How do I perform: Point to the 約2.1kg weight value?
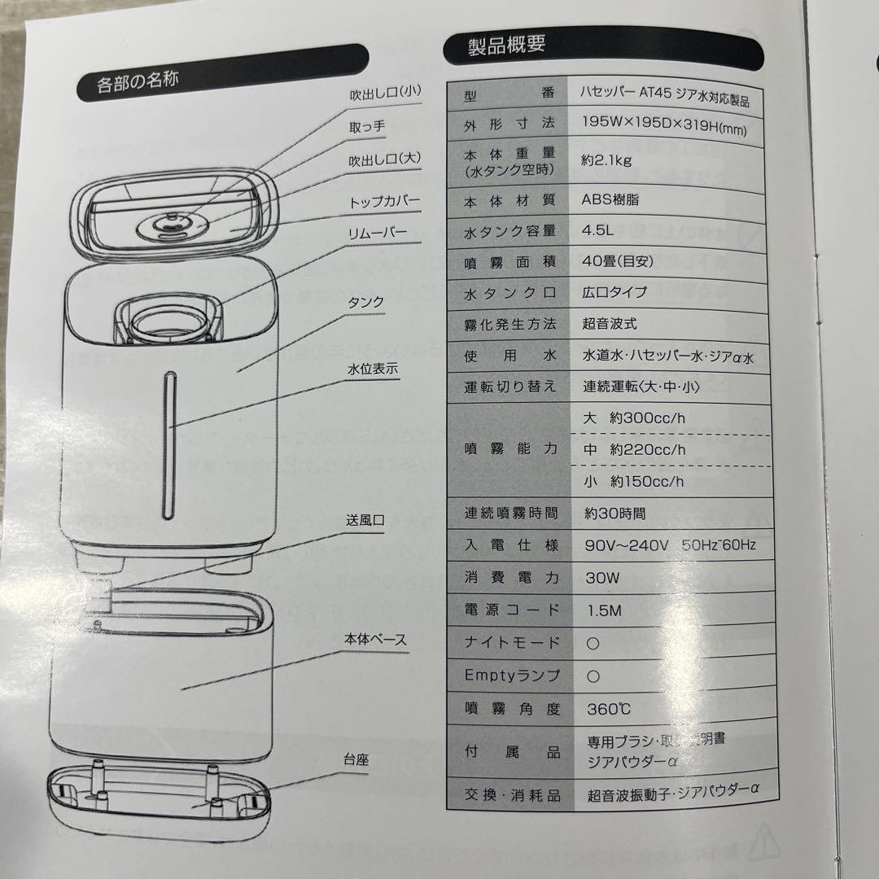(607, 160)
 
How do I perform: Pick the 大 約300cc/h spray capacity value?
(634, 419)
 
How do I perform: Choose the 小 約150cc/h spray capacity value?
(634, 481)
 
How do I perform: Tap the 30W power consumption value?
(602, 578)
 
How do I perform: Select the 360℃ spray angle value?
(609, 708)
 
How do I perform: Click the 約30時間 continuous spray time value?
(614, 514)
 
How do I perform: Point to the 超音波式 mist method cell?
(610, 324)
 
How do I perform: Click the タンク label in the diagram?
(365, 303)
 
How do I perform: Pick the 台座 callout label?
(356, 760)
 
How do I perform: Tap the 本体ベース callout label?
(374, 641)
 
